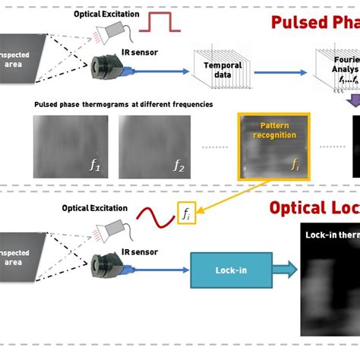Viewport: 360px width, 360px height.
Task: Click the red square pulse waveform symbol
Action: [165, 21]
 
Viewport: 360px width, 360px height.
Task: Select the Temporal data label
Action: [223, 70]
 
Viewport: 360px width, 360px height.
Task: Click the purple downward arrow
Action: [352, 100]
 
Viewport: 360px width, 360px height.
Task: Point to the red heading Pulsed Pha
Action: [314, 22]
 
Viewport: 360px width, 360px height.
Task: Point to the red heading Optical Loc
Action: [314, 209]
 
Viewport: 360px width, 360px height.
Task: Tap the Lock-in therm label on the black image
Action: [332, 235]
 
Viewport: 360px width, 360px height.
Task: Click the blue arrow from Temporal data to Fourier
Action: [281, 72]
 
